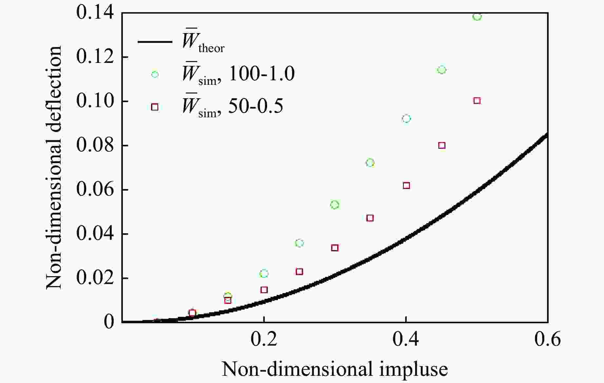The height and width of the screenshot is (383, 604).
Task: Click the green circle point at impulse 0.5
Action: pos(477,16)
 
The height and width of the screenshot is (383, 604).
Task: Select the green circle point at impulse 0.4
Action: pos(406,119)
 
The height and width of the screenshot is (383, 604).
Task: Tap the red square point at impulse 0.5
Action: pos(477,101)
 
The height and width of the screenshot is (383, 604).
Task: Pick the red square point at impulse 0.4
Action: pos(406,186)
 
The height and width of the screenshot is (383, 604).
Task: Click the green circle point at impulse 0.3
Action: pos(335,205)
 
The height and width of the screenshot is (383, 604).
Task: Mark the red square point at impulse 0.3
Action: pos(335,248)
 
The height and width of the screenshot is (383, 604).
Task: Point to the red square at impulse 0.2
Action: pos(264,290)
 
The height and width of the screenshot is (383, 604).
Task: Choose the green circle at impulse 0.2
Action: pos(264,274)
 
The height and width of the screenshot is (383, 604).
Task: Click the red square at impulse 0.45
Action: pos(442,145)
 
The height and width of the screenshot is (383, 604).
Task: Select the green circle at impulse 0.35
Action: pos(370,163)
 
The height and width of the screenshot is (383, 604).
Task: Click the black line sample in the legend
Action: pos(155,42)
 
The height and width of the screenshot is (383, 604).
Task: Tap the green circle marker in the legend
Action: pos(155,74)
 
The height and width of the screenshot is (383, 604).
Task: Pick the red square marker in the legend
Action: pos(155,107)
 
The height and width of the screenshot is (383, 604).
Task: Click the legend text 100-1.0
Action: pos(261,73)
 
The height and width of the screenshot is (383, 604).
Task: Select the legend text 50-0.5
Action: pos(255,106)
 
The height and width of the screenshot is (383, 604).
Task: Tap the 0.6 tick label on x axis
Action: pos(547,339)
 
